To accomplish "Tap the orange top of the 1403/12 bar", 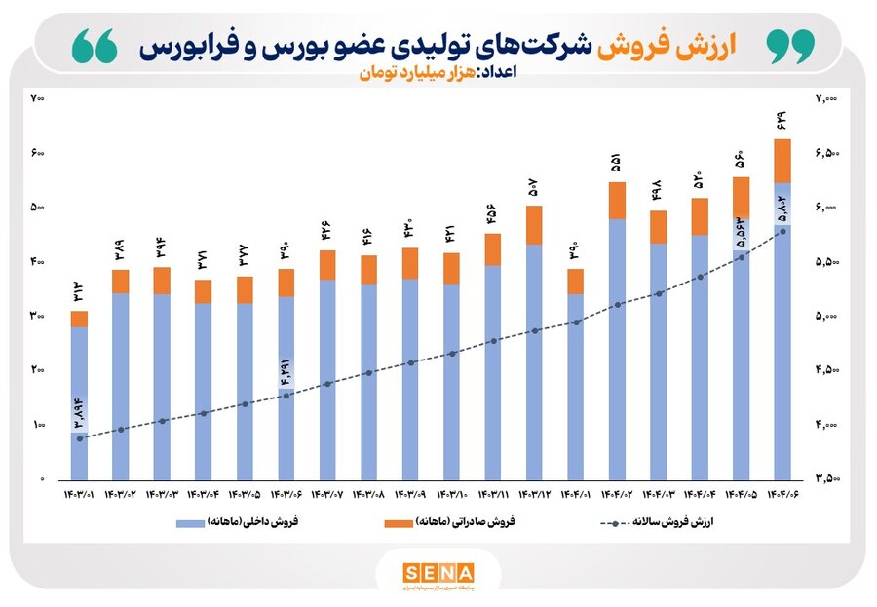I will [533, 225].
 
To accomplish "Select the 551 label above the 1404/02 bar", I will [616, 163].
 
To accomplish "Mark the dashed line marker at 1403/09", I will [409, 362].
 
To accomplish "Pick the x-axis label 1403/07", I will [326, 498].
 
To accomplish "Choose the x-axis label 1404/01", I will [575, 498].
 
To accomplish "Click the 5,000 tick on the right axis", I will [825, 317].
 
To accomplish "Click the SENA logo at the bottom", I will [438, 573].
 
